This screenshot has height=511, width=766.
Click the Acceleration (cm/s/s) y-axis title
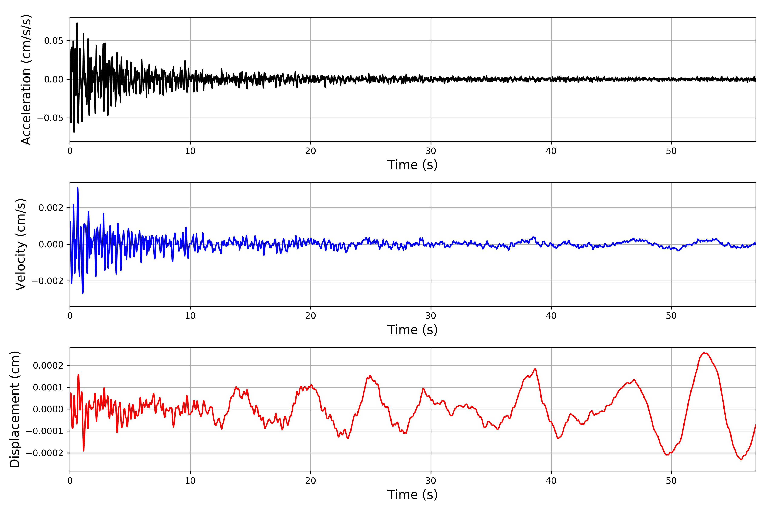click(26, 79)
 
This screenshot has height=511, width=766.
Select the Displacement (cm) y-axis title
click(15, 409)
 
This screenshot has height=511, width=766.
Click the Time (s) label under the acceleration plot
click(412, 165)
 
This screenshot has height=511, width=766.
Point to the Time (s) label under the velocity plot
click(412, 330)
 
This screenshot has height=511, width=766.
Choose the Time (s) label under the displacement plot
click(412, 495)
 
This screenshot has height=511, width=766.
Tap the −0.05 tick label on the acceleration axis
click(50, 118)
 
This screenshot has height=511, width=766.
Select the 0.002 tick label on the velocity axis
click(51, 208)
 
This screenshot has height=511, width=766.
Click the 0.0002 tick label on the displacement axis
click(48, 365)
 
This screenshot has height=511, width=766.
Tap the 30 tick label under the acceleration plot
click(430, 151)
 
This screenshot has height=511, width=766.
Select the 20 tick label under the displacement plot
click(310, 481)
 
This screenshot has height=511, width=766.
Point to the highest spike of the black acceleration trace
click(77, 23)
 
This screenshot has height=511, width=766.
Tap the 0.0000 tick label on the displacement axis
click(48, 409)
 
